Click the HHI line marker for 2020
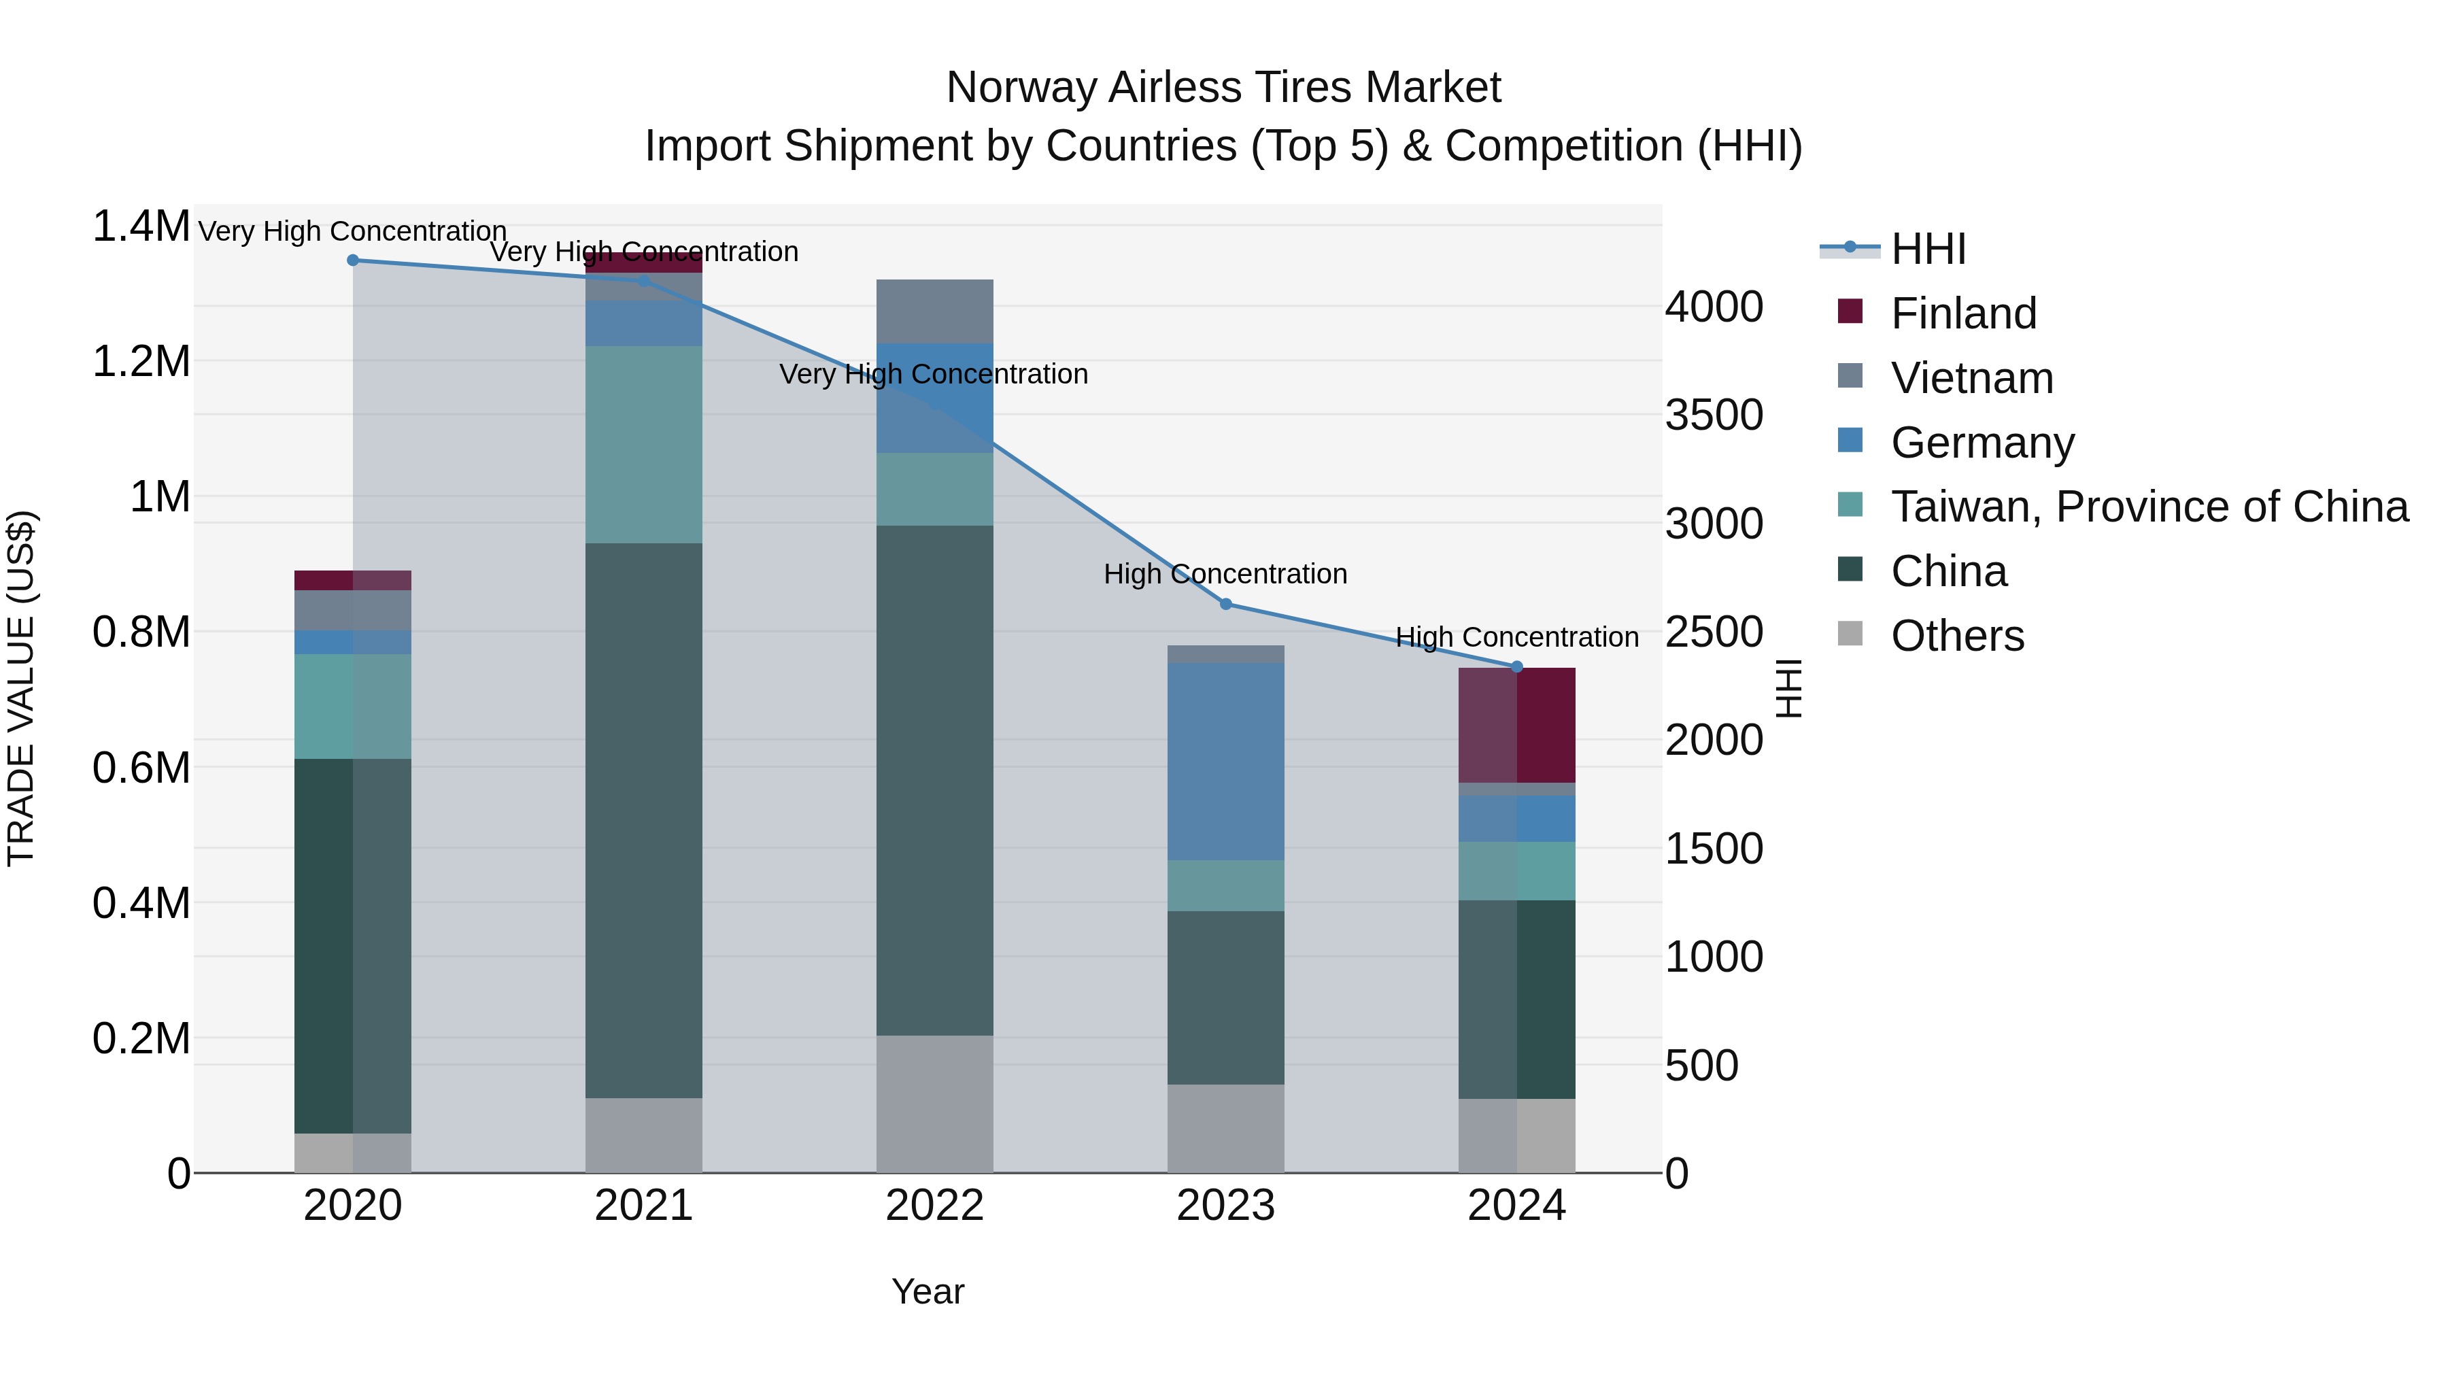click(352, 260)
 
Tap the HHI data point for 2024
click(1516, 667)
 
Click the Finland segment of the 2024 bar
click(1516, 725)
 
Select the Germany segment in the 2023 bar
click(1225, 761)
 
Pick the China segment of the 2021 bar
click(643, 820)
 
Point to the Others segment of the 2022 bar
click(934, 1104)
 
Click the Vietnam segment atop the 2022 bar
click(934, 311)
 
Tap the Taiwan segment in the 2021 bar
click(643, 445)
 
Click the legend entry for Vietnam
click(1972, 378)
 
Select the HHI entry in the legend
click(1927, 249)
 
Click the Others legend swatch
click(1850, 634)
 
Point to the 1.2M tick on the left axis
click(141, 362)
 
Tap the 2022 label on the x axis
click(934, 1206)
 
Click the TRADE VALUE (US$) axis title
click(21, 688)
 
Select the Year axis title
click(928, 1291)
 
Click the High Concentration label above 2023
click(1225, 574)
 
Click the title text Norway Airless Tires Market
click(1223, 88)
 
